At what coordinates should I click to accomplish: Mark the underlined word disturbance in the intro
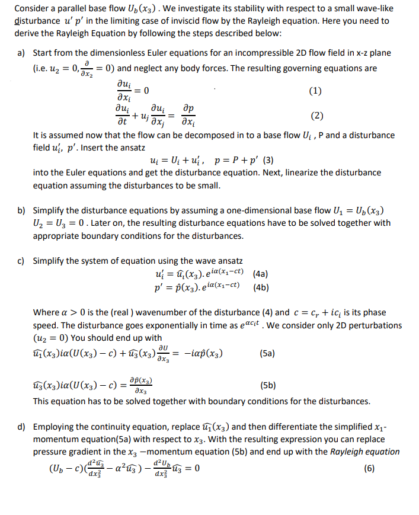[35, 21]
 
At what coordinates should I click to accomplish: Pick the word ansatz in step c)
[226, 261]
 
